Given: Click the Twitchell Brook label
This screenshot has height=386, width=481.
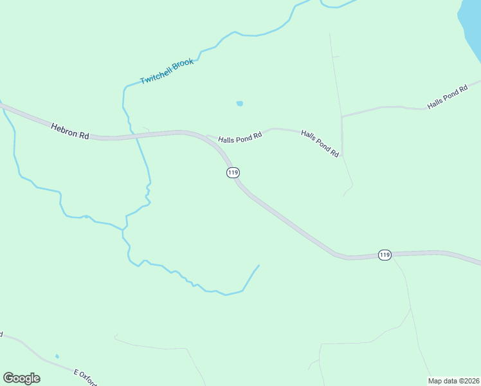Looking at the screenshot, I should (x=167, y=71).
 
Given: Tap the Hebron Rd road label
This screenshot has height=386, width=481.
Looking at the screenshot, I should (x=69, y=131).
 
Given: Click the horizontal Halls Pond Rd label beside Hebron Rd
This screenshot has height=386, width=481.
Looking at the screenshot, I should (x=240, y=138).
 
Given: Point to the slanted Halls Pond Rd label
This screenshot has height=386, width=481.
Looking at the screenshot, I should (x=320, y=143).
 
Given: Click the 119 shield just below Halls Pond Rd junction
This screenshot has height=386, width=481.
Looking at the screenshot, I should (x=233, y=172).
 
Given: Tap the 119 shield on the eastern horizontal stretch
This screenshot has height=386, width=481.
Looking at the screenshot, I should (x=384, y=255).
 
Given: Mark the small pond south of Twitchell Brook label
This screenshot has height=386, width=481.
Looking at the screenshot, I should (x=240, y=103).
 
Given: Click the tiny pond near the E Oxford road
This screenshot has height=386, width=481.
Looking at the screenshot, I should (x=57, y=356).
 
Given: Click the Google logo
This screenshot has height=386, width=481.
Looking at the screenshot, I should (x=21, y=378).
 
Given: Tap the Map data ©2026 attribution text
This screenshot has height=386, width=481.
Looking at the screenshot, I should (x=454, y=380).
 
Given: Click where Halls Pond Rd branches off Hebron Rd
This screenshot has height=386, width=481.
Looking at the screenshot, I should (x=207, y=136).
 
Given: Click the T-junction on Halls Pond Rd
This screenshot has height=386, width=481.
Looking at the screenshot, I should (x=341, y=116).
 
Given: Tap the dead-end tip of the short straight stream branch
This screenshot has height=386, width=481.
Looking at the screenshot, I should (x=259, y=265).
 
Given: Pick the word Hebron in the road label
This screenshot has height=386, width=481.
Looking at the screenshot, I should (x=64, y=129).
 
